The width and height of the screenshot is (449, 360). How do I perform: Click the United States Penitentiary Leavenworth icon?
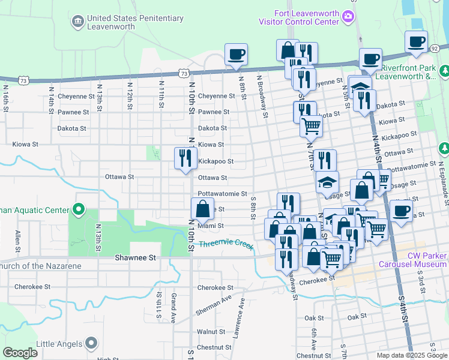click(77, 22)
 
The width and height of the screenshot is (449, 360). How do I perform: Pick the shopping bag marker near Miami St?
click(202, 209)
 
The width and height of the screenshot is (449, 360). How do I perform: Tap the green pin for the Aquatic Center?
click(77, 209)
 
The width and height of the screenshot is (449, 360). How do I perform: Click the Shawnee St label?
click(135, 257)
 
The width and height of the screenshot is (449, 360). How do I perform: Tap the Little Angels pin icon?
click(91, 343)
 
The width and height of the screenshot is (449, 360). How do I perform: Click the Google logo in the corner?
click(20, 353)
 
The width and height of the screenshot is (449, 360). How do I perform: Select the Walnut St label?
click(211, 331)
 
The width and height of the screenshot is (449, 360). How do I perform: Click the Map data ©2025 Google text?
click(411, 355)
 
